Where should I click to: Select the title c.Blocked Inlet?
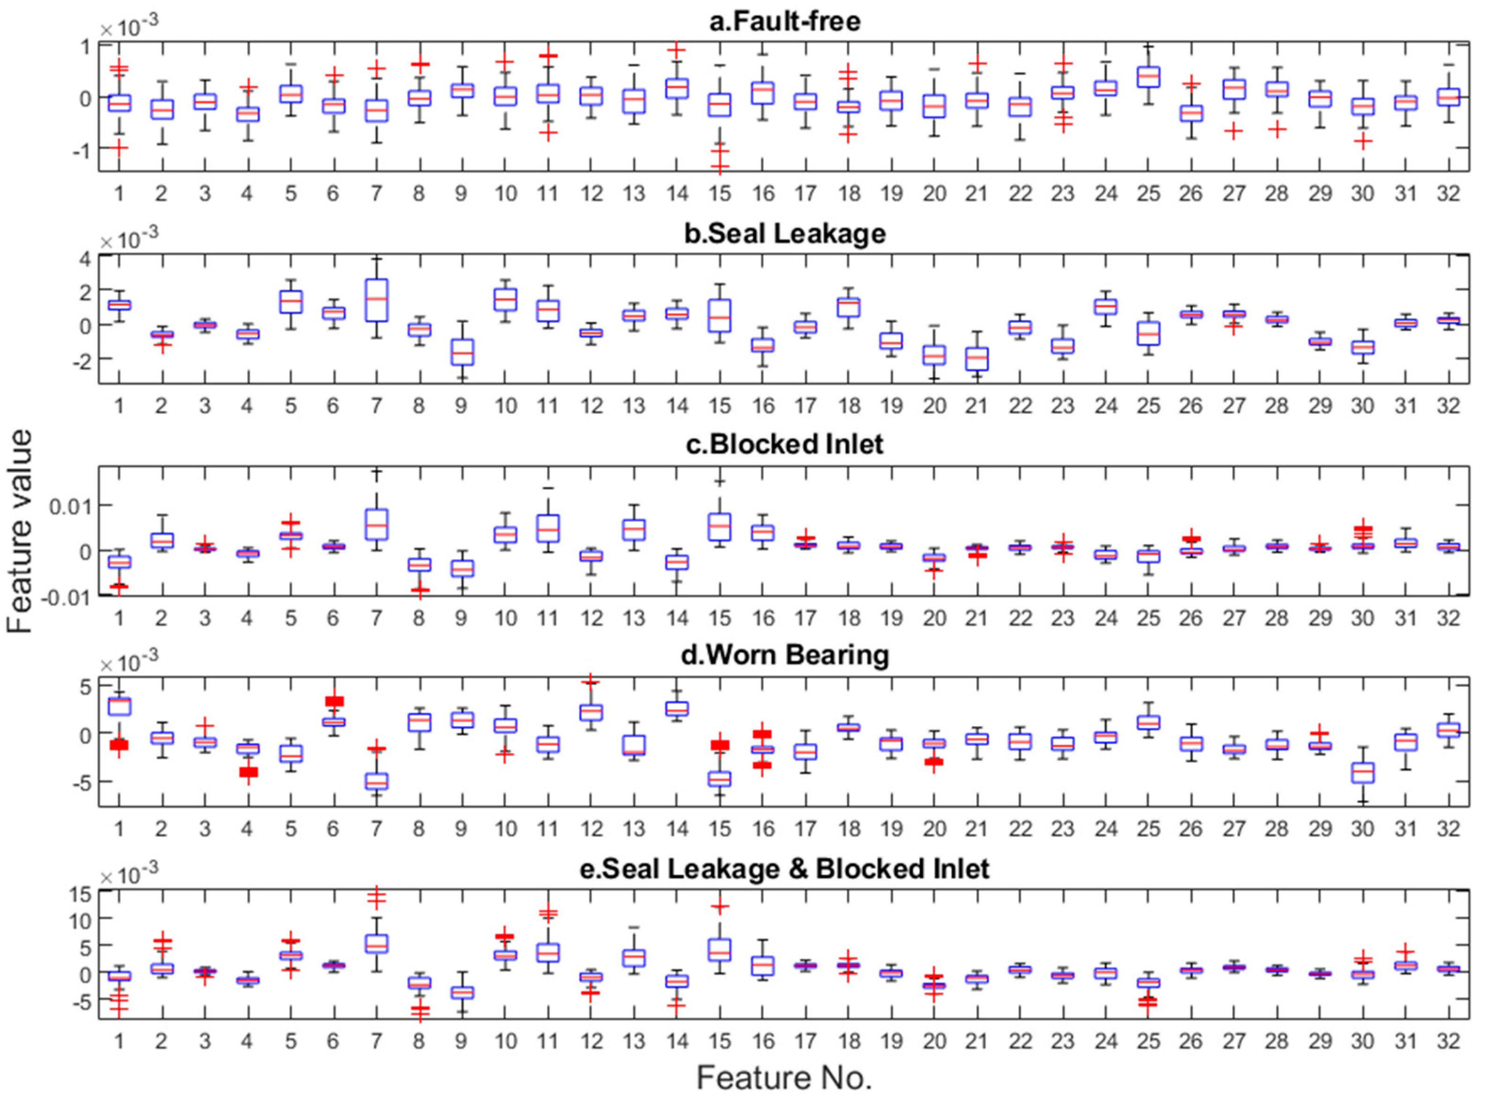coord(784,444)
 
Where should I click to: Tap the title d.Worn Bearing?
coord(784,655)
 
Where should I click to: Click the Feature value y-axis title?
coord(20,531)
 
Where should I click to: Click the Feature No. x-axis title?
coord(784,1078)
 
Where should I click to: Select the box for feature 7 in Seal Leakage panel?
coord(376,300)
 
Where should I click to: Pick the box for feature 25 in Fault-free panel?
coord(1148,76)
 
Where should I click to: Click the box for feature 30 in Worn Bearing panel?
coord(1362,773)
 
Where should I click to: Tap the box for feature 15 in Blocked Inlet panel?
coord(720,527)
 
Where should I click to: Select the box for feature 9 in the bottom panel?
coord(461,992)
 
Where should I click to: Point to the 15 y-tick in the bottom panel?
coord(79,893)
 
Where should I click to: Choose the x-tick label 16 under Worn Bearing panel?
coord(763,829)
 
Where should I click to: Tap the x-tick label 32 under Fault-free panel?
coord(1448,194)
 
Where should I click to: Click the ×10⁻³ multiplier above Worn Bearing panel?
coord(129,663)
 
